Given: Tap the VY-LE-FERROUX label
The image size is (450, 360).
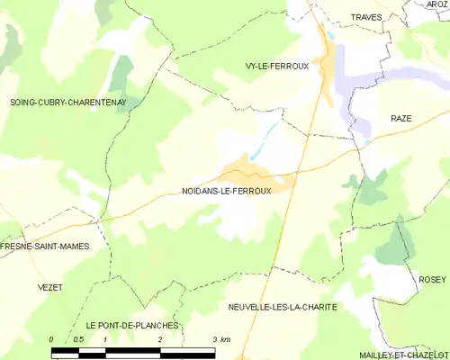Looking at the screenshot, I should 276,66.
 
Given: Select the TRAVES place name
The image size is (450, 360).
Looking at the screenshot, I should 365,17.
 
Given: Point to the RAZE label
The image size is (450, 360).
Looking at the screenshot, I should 400,118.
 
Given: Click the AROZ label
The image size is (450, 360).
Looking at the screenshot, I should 436,4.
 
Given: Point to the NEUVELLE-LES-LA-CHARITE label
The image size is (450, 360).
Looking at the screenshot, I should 283,307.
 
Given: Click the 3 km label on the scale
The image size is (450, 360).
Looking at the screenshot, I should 220,339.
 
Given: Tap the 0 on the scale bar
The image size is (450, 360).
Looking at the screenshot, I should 52,339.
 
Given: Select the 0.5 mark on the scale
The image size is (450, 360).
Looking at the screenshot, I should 78,339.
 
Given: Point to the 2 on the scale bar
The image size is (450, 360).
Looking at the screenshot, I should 159,339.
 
